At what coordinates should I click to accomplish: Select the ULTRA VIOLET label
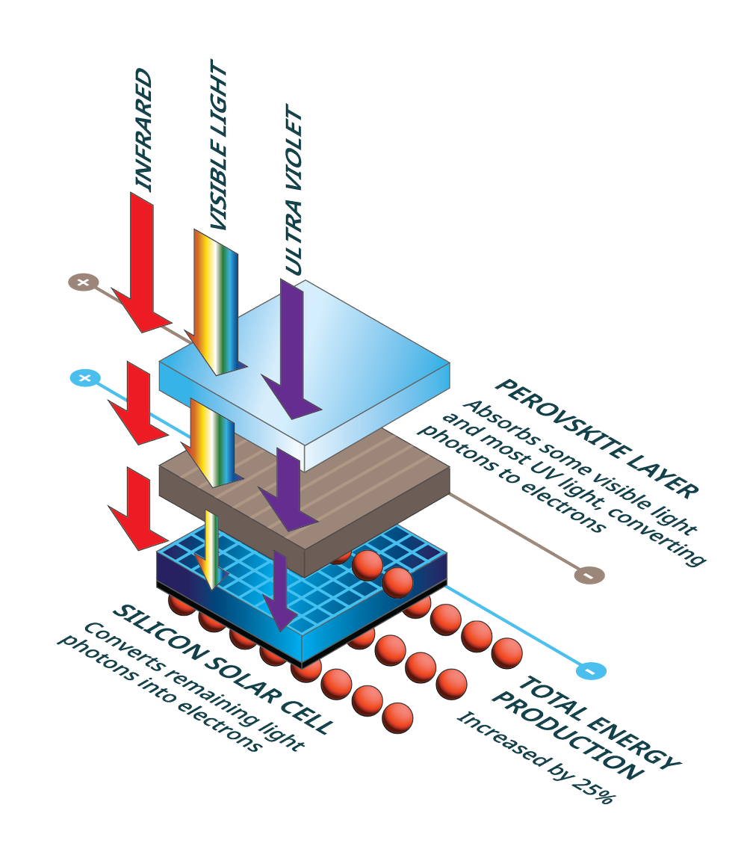(294, 194)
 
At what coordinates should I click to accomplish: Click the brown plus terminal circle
(83, 282)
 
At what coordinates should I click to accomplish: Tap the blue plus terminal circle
(84, 378)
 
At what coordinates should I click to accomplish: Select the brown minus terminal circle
(588, 575)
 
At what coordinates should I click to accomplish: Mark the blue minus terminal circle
(590, 671)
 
